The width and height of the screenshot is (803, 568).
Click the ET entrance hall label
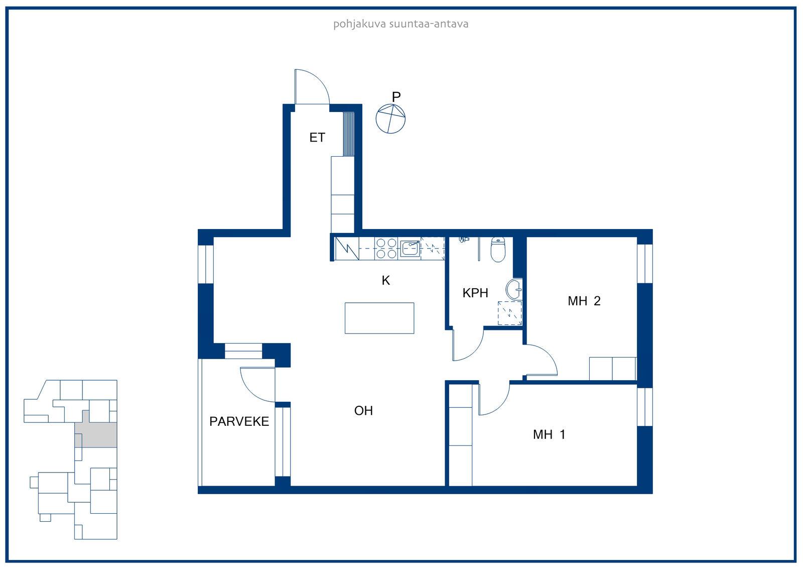pos(317,138)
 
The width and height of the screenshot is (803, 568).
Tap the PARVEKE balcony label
pos(239,421)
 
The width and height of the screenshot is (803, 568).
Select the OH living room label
pos(363,410)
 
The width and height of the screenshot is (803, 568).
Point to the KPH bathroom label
pos(475,293)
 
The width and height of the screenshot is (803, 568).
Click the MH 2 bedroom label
pos(584,301)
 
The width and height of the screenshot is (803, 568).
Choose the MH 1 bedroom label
pos(549,434)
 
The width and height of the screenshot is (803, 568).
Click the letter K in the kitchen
pos(386,280)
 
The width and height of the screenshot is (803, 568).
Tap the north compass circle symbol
pos(390,119)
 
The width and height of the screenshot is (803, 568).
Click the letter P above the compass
pos(396,97)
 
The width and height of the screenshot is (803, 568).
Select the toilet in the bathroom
pos(498,249)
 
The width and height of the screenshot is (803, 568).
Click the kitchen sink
pos(410,248)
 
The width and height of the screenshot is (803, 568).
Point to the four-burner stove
pos(386,248)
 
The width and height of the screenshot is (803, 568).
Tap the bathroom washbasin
pos(514,289)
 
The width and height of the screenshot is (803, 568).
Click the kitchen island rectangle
pos(379,318)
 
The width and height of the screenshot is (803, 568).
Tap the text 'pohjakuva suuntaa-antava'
pos(401,24)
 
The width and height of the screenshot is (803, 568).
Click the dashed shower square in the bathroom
pos(510,313)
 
